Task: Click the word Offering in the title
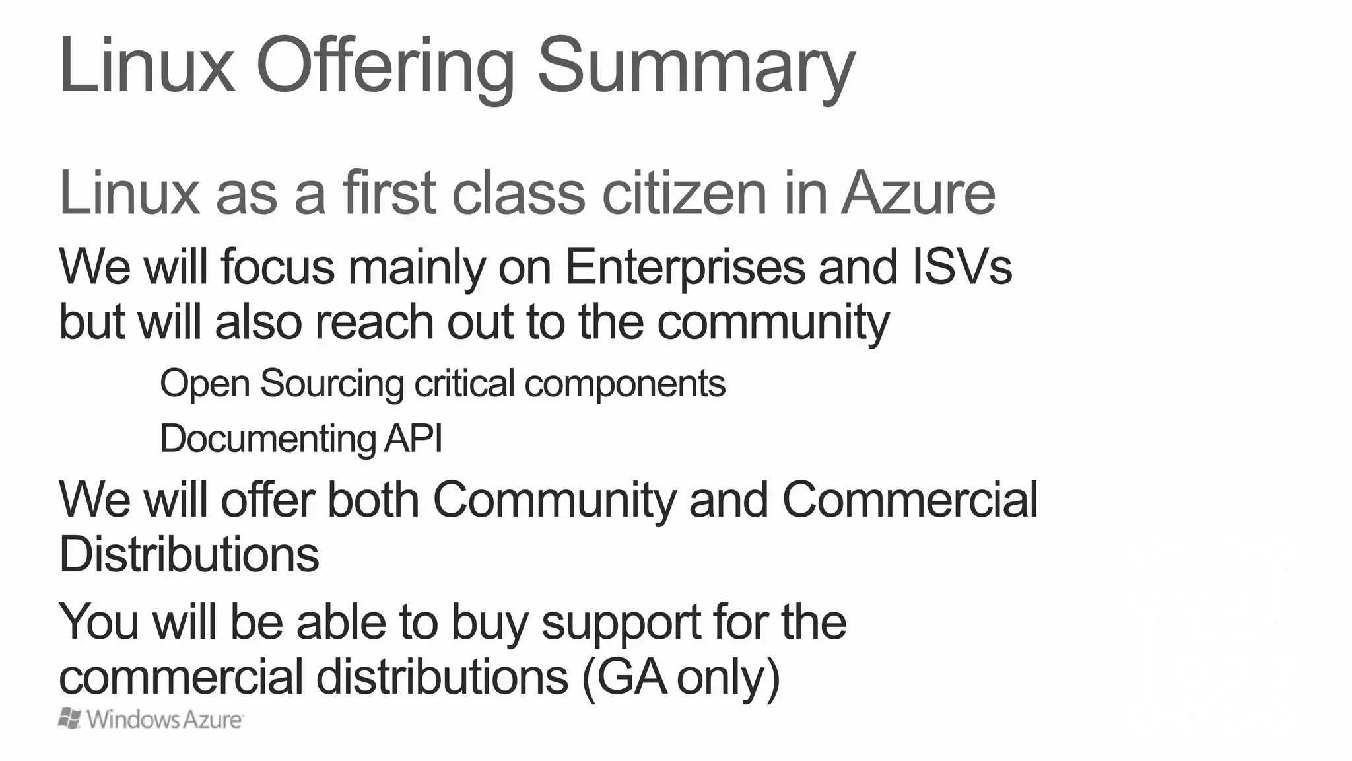[384, 67]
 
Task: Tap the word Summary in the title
[696, 67]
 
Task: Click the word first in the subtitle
[389, 193]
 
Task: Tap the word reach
[374, 322]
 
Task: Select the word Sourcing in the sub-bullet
[331, 384]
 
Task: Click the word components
[625, 384]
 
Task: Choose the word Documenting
[267, 439]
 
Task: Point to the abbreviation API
[413, 439]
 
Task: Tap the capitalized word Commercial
[910, 499]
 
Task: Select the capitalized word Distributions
[189, 554]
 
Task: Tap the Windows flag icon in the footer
[70, 719]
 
